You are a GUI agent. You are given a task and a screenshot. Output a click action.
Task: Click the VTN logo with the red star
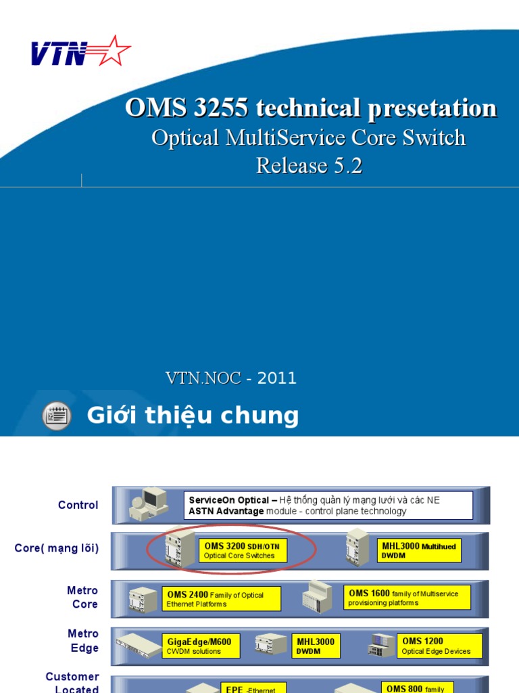point(80,52)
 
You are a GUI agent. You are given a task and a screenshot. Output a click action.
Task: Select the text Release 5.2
point(309,165)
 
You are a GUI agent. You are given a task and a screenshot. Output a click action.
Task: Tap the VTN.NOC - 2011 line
point(231,378)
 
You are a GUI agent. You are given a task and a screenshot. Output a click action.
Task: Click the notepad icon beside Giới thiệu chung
point(56,416)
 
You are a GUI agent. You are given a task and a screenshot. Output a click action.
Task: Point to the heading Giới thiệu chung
point(193,416)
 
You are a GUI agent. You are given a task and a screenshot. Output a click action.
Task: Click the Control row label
point(78,505)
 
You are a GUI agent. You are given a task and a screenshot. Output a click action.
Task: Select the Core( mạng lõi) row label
point(57,548)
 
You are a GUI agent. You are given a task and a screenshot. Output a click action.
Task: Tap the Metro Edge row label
point(82,641)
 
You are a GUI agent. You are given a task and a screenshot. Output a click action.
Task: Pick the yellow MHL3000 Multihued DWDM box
point(419,550)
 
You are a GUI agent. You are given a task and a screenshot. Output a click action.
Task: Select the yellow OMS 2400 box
point(222,599)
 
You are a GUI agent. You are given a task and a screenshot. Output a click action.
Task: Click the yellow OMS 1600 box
point(407,598)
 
